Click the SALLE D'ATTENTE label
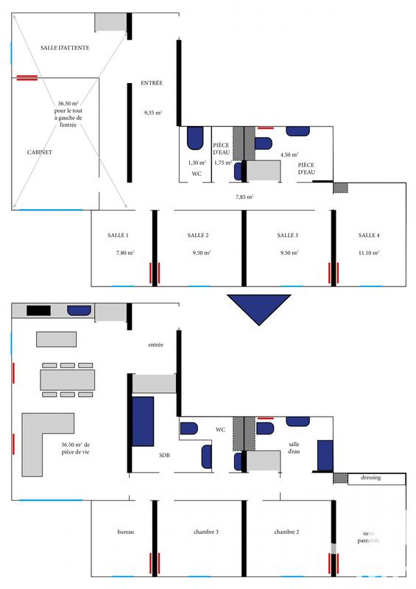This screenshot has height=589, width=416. point(66,47)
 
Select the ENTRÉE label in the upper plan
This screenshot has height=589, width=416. point(152,83)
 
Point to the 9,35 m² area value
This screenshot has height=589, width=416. point(152,113)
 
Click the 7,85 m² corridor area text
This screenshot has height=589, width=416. point(244,197)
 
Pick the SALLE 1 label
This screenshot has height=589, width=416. point(119,235)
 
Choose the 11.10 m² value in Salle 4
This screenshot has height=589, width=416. point(368,253)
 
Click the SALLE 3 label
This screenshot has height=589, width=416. point(287,235)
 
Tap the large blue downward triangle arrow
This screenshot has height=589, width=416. point(258,308)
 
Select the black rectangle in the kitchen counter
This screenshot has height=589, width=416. point(38,310)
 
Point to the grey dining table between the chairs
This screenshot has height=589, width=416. point(68,379)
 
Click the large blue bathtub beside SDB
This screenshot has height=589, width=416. point(142,420)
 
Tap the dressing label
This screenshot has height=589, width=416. point(371,478)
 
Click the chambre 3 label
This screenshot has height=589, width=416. point(206,532)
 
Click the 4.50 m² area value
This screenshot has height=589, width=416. point(289,155)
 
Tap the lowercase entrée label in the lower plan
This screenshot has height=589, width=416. point(155,345)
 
